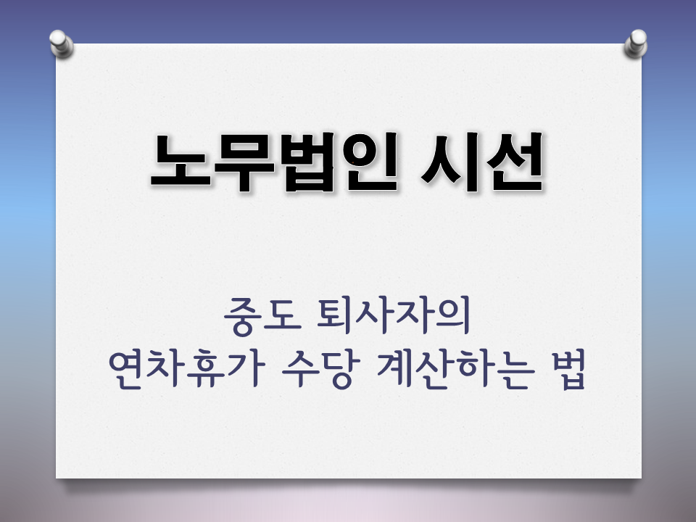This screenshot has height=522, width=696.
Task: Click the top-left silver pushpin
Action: [x=62, y=43]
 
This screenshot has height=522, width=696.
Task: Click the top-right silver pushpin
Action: [x=636, y=43]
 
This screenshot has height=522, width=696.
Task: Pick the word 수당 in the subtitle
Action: [x=319, y=373]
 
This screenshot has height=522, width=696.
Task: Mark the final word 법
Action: [x=566, y=373]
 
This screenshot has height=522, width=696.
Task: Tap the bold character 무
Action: [x=243, y=164]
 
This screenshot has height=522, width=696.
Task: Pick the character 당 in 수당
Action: [x=337, y=373]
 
